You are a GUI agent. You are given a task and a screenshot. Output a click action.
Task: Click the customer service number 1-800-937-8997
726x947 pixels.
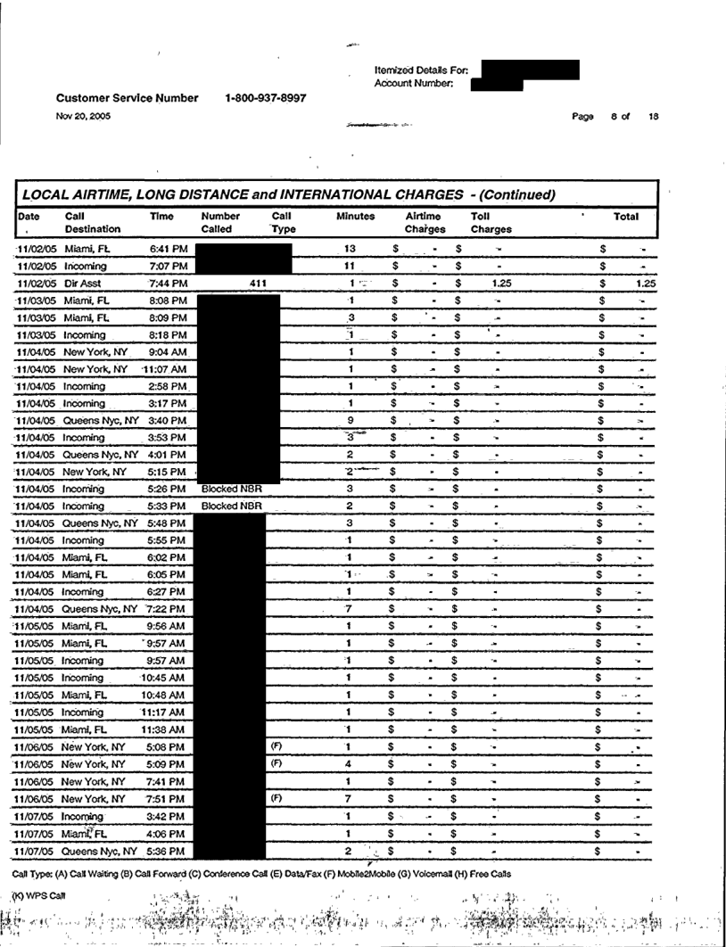click(x=267, y=98)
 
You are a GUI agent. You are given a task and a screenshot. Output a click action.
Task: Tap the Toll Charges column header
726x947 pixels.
click(x=491, y=222)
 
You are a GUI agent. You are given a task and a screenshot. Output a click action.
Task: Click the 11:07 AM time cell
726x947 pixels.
click(x=166, y=368)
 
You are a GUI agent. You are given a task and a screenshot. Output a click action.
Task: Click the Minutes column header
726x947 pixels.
click(x=355, y=217)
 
